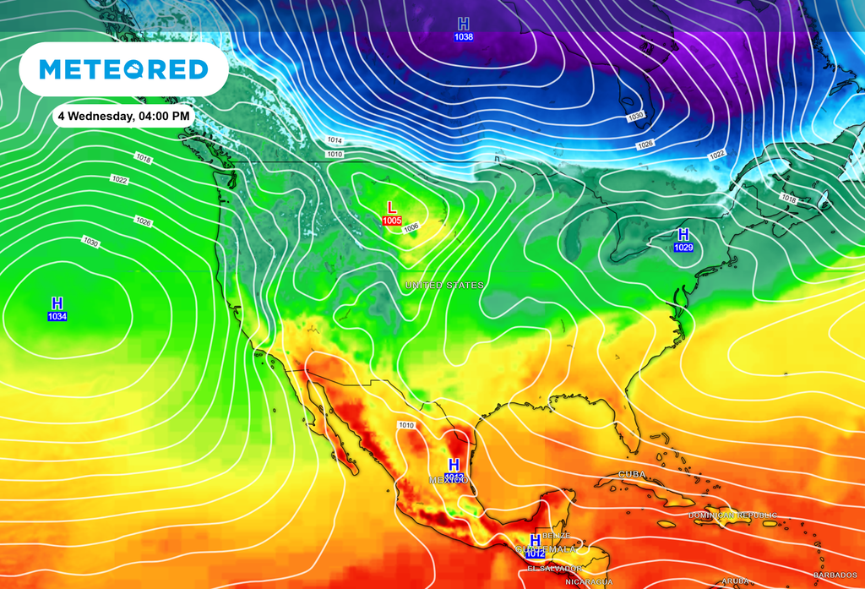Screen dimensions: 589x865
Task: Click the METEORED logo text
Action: click(x=123, y=69)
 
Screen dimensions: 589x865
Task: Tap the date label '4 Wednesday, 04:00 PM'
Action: click(x=123, y=116)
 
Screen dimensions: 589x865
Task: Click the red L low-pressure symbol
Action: click(x=391, y=207)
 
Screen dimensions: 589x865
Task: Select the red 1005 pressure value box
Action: click(x=392, y=221)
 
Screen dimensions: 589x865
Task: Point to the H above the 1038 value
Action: click(x=463, y=24)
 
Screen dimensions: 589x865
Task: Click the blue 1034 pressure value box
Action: click(x=57, y=316)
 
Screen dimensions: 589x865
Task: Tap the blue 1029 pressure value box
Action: click(x=683, y=247)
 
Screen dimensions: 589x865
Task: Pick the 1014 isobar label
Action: click(x=335, y=140)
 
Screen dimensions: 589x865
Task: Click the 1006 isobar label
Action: click(x=411, y=227)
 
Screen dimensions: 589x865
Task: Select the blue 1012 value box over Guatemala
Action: click(x=535, y=554)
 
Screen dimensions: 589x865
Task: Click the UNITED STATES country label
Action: click(x=444, y=286)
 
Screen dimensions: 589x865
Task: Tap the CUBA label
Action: click(x=633, y=475)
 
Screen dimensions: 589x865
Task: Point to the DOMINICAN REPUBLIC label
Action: click(x=732, y=515)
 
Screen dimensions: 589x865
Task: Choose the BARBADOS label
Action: click(x=835, y=575)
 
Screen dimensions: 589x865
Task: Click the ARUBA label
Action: click(x=735, y=581)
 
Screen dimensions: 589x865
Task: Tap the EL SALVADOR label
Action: click(x=554, y=569)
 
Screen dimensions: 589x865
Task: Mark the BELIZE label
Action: click(x=557, y=536)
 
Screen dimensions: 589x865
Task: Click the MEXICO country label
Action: click(x=449, y=480)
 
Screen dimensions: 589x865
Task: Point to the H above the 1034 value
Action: click(x=57, y=303)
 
